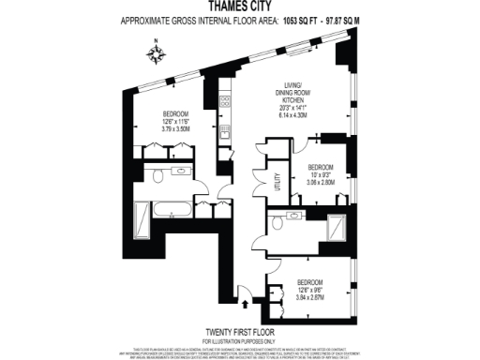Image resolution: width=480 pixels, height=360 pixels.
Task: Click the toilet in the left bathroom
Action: click(x=159, y=175)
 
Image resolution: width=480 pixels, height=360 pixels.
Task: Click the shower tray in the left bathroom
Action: click(x=142, y=221)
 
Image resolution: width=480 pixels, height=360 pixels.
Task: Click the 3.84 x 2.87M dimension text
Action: click(x=316, y=295)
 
